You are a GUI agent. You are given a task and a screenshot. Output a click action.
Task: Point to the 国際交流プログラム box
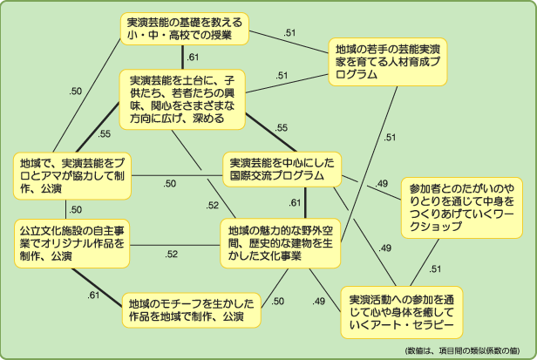click(282, 168)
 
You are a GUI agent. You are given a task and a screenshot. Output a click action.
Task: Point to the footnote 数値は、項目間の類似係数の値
click(466, 350)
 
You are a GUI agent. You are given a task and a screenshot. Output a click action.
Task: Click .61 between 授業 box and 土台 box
click(193, 58)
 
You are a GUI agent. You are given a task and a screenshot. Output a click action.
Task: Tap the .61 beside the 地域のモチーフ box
click(94, 295)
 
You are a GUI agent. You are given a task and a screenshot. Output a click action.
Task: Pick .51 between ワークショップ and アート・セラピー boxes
click(435, 268)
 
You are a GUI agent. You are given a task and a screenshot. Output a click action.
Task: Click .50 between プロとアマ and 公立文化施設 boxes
click(77, 209)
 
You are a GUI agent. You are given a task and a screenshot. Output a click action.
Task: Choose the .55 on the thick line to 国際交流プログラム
click(282, 127)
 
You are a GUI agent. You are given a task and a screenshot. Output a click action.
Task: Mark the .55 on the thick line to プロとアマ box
click(105, 133)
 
